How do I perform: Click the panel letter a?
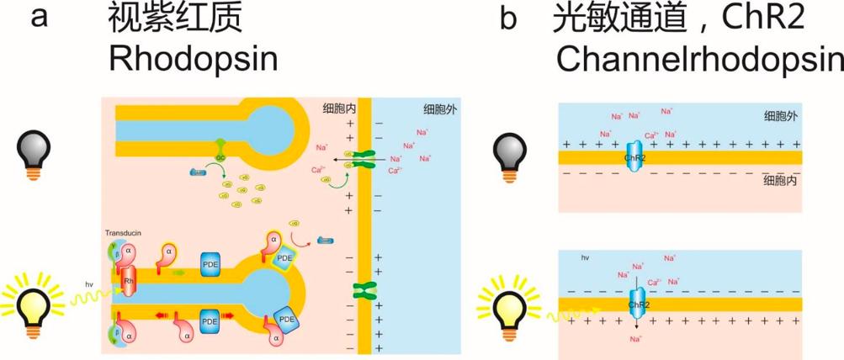37,18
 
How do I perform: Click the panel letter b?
507,19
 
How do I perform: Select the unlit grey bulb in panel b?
512,156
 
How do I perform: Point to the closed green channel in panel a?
364,290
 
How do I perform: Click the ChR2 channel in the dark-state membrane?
633,157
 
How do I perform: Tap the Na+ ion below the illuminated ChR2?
635,339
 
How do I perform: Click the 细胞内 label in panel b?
782,179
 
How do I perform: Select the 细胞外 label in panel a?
440,109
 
